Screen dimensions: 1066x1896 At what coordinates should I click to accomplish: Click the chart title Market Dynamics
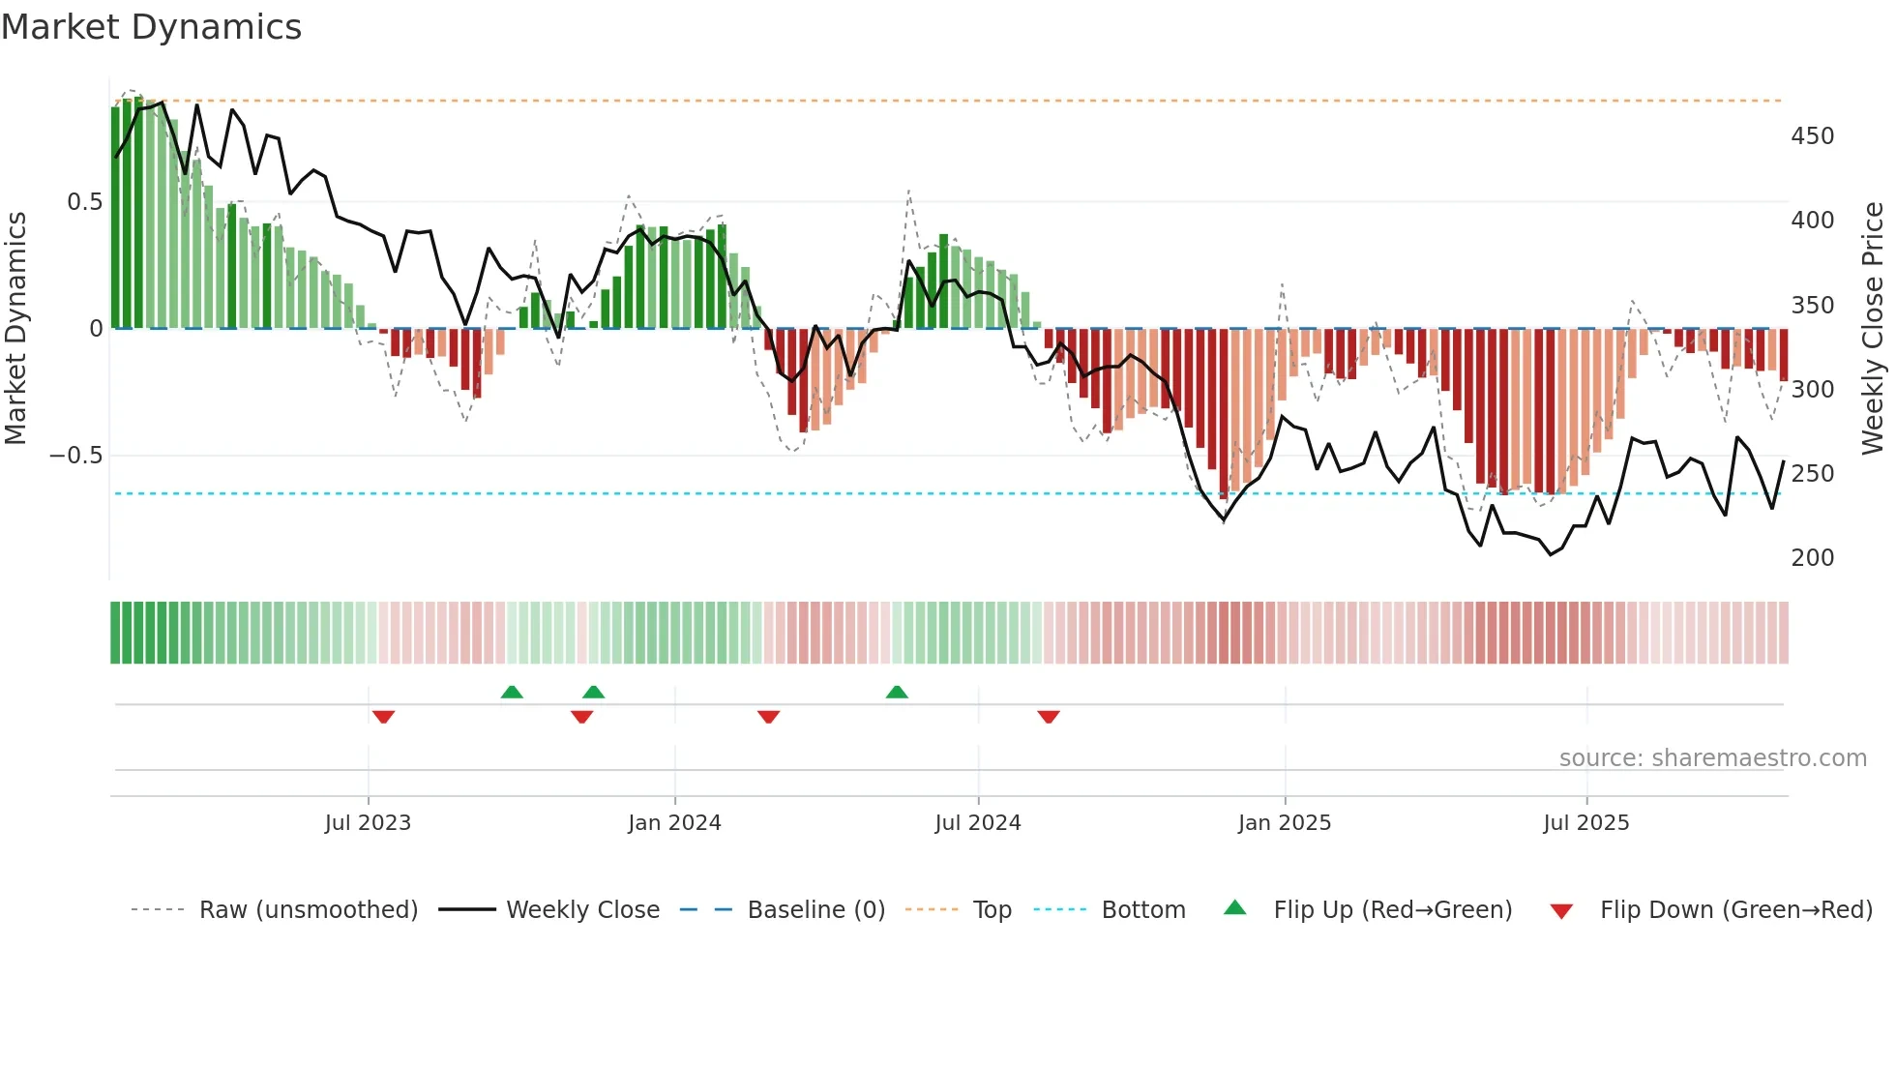(x=151, y=27)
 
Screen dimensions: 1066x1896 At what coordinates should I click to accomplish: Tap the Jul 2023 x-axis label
(x=368, y=823)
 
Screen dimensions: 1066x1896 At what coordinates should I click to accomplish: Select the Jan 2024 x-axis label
(x=674, y=823)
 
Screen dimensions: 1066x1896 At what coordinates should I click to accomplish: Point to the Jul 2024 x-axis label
(x=978, y=823)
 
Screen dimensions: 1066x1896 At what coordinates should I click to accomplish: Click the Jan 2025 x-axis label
(x=1285, y=823)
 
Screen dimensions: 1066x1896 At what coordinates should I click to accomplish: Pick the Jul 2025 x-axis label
(x=1586, y=823)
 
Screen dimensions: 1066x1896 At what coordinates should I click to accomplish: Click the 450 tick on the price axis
(x=1812, y=136)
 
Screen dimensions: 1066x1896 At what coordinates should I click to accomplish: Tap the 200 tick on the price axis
(x=1812, y=558)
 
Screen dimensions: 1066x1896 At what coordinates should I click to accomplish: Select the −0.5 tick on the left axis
(x=76, y=456)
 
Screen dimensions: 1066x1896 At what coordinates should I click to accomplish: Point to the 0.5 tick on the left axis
(x=84, y=202)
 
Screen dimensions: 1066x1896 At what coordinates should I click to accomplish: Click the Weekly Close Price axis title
(x=1873, y=328)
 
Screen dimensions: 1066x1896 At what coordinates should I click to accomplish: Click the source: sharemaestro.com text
(x=1712, y=758)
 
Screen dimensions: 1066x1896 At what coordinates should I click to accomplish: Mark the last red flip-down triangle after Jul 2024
(x=1049, y=717)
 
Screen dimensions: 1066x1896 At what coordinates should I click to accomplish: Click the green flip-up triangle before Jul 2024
(x=897, y=692)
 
